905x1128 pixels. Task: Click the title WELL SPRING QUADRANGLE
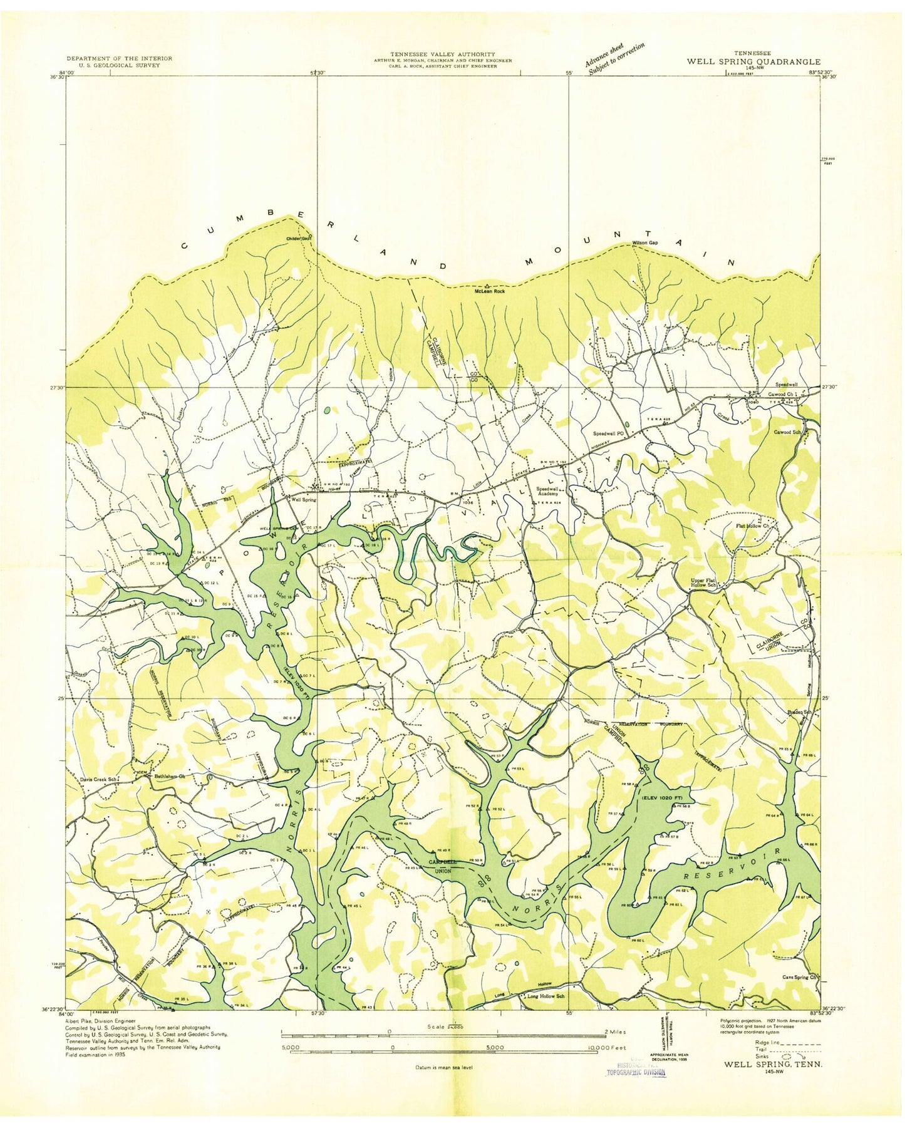[753, 61]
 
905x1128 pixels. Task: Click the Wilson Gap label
[645, 242]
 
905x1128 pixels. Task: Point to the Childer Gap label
[297, 239]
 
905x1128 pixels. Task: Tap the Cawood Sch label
[788, 432]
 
